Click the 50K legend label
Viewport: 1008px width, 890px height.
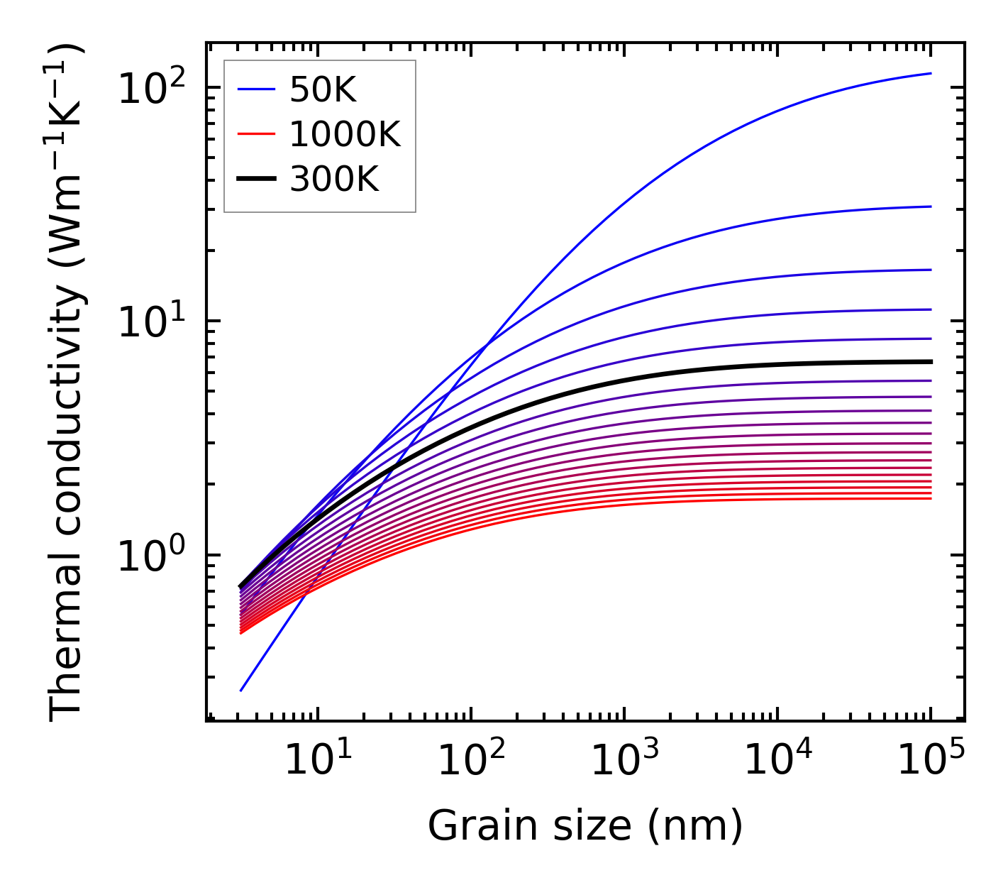pos(322,90)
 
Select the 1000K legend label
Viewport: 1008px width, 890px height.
pos(345,135)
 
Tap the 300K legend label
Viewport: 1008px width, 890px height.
pos(334,180)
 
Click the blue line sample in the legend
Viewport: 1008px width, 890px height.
pos(255,90)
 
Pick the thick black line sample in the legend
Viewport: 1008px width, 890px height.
pos(255,180)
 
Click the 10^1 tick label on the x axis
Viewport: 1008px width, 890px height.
pos(318,762)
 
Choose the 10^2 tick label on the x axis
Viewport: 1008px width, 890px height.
pos(471,762)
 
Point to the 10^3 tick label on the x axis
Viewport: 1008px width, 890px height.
pos(625,762)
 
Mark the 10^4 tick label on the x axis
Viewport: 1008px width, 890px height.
pos(778,762)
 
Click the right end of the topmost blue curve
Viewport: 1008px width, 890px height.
pos(930,73)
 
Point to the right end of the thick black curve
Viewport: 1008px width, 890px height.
pos(930,361)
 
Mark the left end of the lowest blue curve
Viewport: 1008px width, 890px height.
pos(241,690)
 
